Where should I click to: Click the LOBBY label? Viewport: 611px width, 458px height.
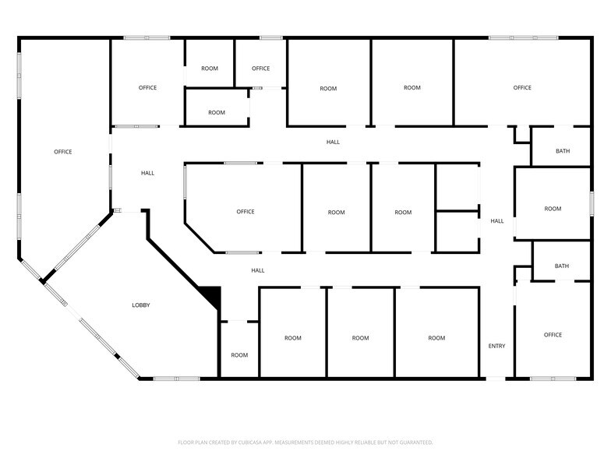140,305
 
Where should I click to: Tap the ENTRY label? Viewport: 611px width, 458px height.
496,346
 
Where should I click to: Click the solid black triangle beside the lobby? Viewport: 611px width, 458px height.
213,296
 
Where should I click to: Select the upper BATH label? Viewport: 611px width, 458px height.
562,150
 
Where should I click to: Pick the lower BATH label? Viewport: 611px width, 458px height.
562,266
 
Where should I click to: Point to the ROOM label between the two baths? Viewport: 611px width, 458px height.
553,209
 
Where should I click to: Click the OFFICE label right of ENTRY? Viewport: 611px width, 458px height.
553,335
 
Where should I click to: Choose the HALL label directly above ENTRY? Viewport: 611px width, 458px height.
496,221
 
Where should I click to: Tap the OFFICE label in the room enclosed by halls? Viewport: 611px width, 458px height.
245,212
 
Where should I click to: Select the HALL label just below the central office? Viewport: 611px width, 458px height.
258,270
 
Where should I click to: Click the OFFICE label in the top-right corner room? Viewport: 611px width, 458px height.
522,88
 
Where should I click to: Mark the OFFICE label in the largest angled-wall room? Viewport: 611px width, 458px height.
63,152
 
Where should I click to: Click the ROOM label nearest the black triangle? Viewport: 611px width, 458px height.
239,355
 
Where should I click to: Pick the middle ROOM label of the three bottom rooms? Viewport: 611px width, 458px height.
360,338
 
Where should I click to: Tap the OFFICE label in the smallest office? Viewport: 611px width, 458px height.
260,69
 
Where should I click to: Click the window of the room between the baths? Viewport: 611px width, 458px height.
592,204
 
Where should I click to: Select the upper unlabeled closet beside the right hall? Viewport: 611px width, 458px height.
457,187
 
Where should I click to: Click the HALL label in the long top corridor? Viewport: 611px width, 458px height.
333,142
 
